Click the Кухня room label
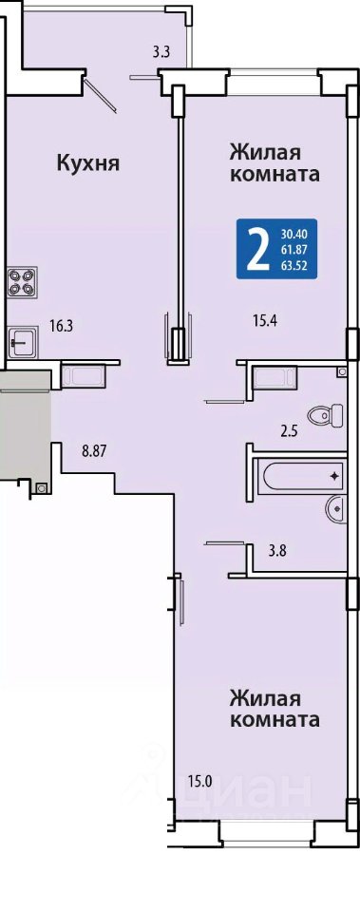(x=87, y=163)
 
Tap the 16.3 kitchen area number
(x=61, y=326)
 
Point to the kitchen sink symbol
(x=23, y=341)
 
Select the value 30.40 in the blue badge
(x=294, y=235)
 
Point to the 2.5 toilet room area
(x=283, y=432)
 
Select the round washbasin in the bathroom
(x=337, y=509)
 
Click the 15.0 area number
(x=199, y=781)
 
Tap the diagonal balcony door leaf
(x=100, y=95)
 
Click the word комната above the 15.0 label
(x=275, y=719)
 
